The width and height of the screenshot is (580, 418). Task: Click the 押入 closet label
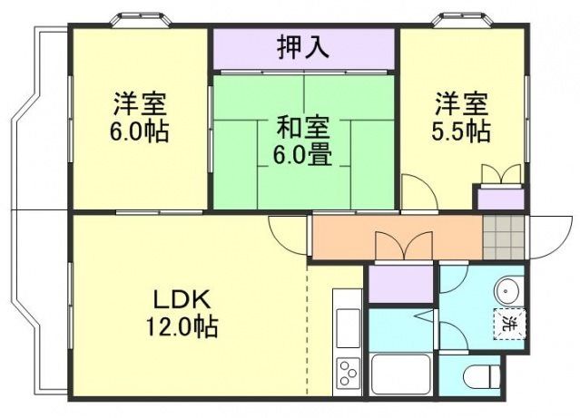click(304, 47)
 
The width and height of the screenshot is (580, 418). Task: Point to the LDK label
click(182, 298)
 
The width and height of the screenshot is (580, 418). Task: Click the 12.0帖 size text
click(182, 326)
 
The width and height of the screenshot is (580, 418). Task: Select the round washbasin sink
click(506, 290)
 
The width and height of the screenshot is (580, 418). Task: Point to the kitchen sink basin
click(349, 326)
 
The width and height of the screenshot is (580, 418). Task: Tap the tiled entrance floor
click(503, 237)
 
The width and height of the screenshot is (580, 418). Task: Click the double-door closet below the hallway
click(400, 283)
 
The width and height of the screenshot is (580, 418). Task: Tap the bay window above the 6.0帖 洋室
click(139, 20)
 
